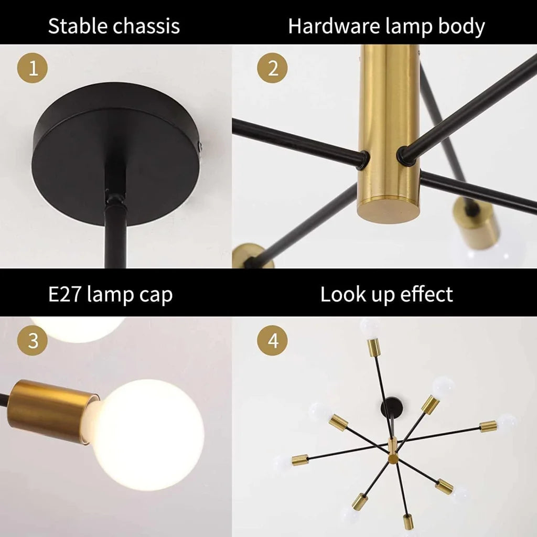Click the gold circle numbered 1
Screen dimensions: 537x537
point(33,68)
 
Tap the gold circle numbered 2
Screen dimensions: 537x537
point(273,68)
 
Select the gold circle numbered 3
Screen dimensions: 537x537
point(33,341)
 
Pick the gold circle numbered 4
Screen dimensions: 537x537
point(273,341)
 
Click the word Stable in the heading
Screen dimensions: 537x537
point(73,26)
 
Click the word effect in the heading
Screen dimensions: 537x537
point(426,294)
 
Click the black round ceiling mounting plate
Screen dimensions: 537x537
point(115,152)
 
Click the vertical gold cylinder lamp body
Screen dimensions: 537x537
point(388,121)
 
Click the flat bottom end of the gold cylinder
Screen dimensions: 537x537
point(389,210)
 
